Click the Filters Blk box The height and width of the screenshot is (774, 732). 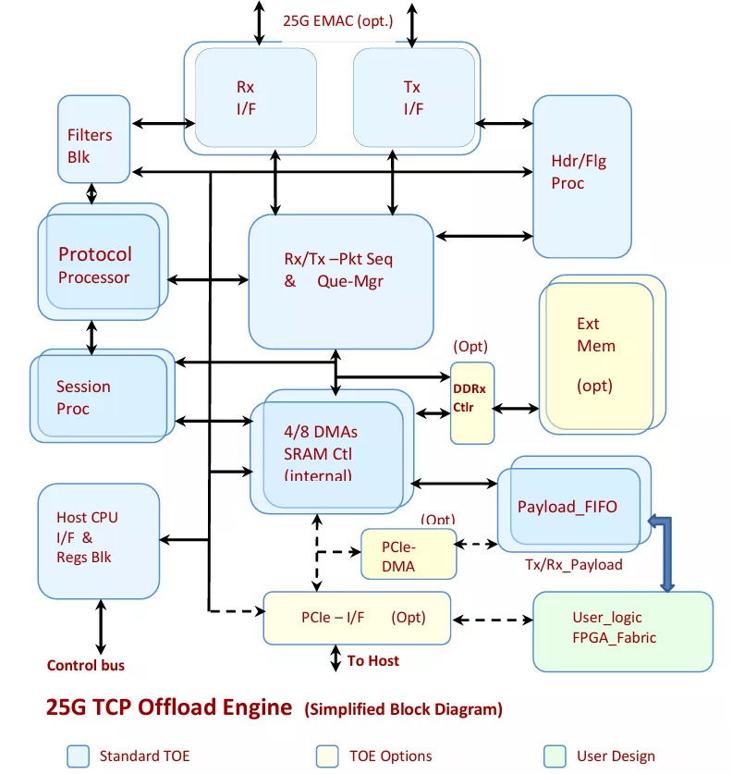pos(93,139)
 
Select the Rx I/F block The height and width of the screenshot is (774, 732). pos(255,97)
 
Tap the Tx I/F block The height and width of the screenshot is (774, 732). pos(414,97)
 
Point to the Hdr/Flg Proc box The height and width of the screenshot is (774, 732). pos(582,177)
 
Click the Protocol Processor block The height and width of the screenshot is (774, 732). pos(104,262)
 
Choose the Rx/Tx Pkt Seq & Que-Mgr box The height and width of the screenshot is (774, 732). pos(341,281)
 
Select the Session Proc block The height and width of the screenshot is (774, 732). pos(102,396)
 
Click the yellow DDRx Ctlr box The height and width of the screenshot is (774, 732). pos(472,403)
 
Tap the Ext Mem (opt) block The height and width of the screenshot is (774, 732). pos(603,354)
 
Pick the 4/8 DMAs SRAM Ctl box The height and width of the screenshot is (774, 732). pos(332,451)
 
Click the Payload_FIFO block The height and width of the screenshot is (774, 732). pos(574,504)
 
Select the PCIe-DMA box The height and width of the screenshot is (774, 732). pos(409,554)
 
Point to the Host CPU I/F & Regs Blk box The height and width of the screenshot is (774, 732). pos(99,541)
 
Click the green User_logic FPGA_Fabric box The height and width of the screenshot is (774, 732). pos(623,632)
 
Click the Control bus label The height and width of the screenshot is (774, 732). pos(86,666)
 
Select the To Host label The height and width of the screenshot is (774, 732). pos(372,660)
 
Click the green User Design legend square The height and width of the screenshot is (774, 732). pos(555,756)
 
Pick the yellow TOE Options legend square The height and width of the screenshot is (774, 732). pos(327,756)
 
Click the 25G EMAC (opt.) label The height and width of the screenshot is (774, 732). pos(338,21)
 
